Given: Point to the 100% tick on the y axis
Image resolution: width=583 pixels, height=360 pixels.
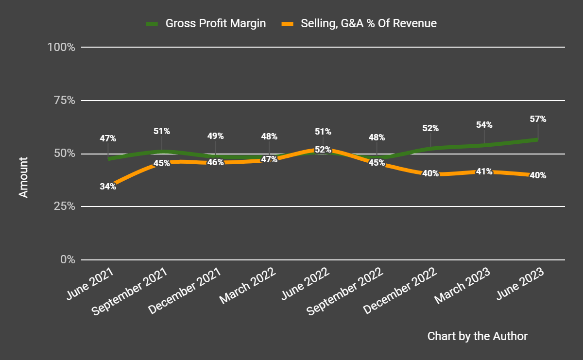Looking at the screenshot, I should click(61, 48).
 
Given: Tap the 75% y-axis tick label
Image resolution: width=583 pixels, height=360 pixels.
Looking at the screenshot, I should click(64, 101).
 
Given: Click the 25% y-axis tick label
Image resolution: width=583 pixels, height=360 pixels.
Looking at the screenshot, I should click(64, 206).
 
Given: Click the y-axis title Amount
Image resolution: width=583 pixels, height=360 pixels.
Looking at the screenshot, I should click(23, 177).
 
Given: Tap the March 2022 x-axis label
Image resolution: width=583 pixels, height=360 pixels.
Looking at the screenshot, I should click(248, 286).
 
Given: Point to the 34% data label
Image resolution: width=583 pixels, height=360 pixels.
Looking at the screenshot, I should click(108, 186).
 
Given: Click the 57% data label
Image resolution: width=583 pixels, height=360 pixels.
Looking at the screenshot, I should click(538, 119).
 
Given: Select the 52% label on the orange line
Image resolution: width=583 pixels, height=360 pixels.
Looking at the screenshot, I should click(323, 150).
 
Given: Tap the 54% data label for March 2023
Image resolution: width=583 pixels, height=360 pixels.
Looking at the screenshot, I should click(484, 125).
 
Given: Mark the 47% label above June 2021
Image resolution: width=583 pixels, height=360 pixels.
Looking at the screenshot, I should click(108, 138).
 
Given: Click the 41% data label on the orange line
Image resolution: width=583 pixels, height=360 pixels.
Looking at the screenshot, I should click(484, 171).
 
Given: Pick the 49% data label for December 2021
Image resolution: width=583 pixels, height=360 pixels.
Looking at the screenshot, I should click(215, 136).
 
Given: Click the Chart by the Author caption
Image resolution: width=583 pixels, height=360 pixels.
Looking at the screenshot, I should click(477, 336).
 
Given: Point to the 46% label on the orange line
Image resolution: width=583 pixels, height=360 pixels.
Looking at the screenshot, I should click(215, 162).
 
